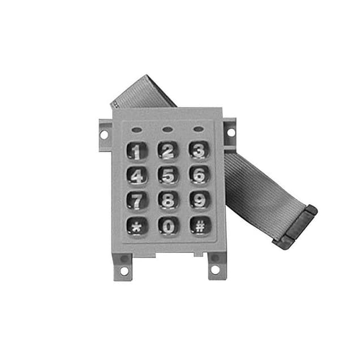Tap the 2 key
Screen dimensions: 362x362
[x=167, y=150]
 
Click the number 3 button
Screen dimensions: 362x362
[x=199, y=150]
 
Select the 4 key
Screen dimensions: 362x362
[x=137, y=175]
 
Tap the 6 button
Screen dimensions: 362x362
[x=199, y=175]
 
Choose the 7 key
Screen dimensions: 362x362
[x=137, y=201]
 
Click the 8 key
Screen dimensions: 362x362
[x=168, y=201]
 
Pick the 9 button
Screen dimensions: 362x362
[x=200, y=200]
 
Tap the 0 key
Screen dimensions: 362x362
[x=169, y=226]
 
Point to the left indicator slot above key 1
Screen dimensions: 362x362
[x=136, y=130]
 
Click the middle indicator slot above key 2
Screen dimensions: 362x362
[x=167, y=129]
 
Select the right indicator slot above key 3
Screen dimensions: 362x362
[x=198, y=128]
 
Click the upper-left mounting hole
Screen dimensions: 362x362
[x=105, y=135]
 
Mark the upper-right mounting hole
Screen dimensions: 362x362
[x=230, y=132]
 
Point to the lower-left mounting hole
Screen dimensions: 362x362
[x=124, y=270]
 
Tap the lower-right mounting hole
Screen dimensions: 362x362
[x=215, y=270]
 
